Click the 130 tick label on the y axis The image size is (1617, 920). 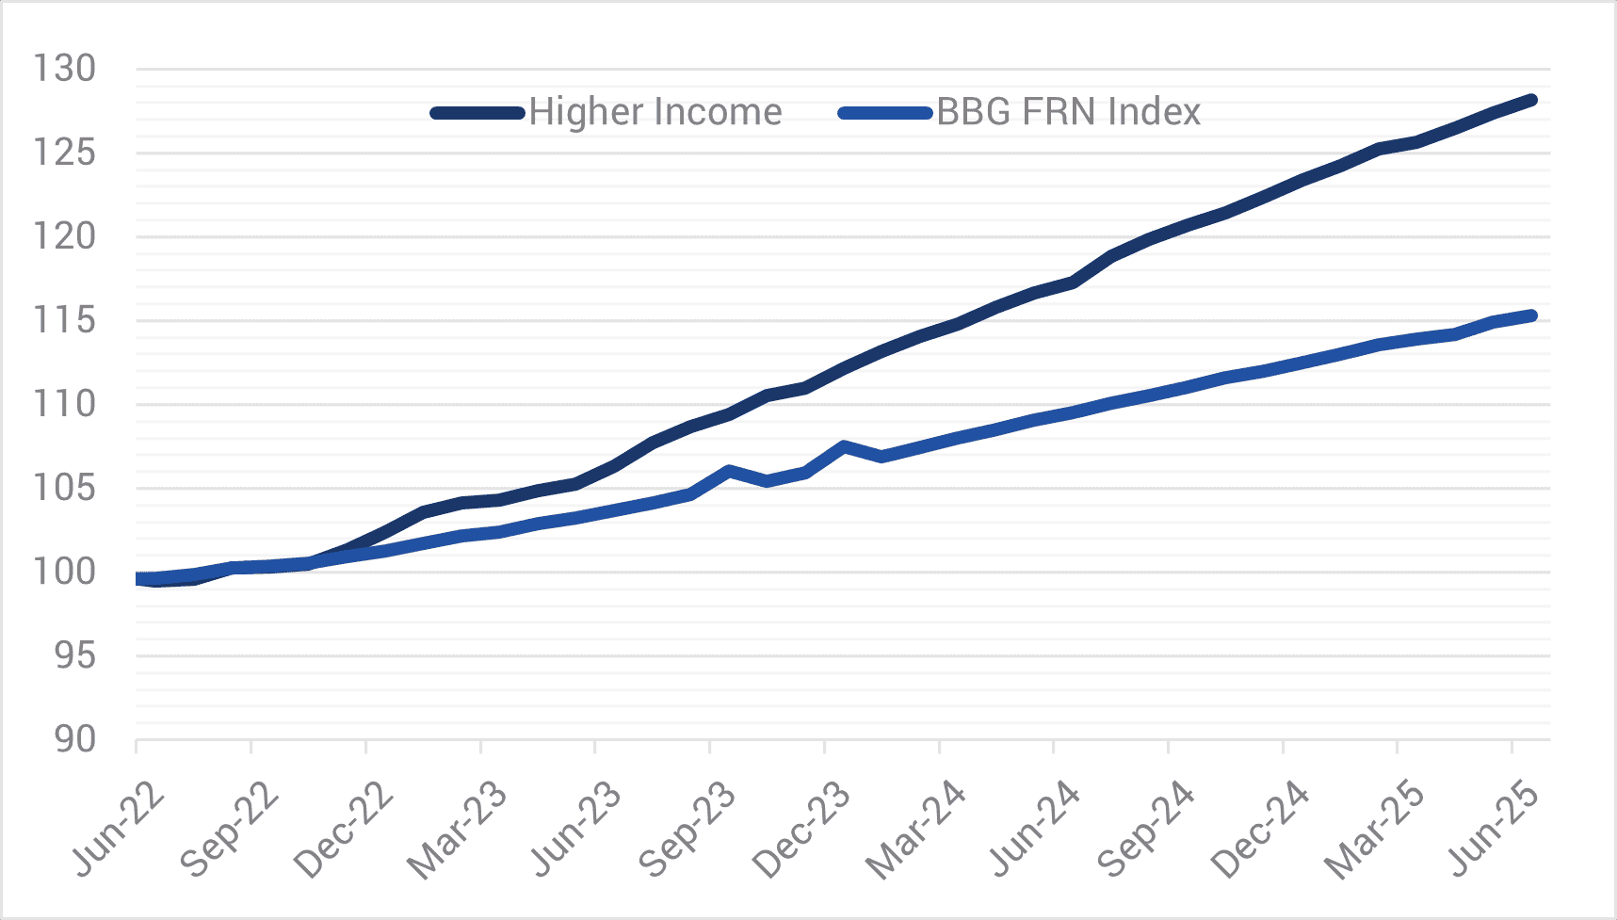click(x=64, y=69)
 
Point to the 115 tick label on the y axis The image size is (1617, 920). click(x=64, y=320)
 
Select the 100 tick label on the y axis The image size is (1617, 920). click(x=64, y=572)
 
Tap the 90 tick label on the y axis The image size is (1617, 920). click(x=74, y=740)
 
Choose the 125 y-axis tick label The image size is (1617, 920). click(x=64, y=153)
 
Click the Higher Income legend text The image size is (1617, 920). click(x=655, y=112)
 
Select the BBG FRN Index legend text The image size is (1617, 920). click(x=1069, y=112)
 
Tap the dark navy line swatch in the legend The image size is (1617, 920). click(x=477, y=113)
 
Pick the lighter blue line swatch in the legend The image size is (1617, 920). click(x=885, y=113)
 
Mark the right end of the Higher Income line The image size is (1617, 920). click(x=1532, y=100)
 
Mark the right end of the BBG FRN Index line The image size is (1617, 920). click(x=1532, y=315)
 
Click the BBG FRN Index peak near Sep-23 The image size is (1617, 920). click(x=730, y=470)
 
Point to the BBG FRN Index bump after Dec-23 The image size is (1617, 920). click(x=844, y=445)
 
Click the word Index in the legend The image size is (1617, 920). click(x=1155, y=112)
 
